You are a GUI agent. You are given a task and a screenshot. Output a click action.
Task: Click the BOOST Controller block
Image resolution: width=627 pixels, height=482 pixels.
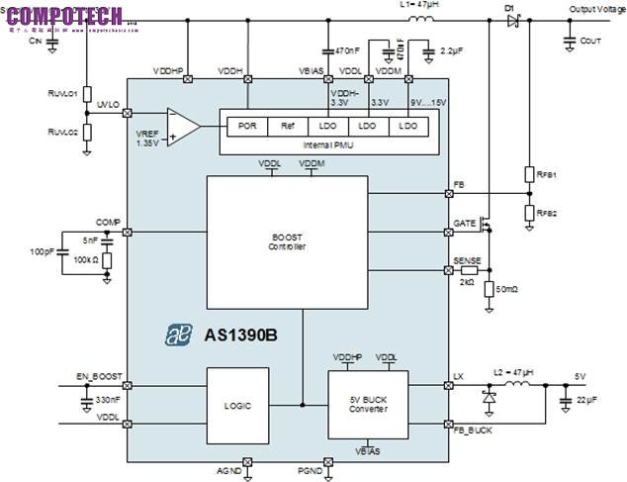287,241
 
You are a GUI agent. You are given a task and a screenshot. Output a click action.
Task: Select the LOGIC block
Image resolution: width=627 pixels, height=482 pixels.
238,405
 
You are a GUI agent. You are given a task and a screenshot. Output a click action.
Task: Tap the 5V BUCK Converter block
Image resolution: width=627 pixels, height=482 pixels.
367,404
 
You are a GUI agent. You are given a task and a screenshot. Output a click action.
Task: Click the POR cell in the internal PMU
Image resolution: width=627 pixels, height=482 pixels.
248,126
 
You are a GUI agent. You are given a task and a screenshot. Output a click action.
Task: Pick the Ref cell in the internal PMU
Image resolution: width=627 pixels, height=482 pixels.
288,126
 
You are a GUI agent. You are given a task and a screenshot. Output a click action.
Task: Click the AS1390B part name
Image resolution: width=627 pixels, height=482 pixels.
240,335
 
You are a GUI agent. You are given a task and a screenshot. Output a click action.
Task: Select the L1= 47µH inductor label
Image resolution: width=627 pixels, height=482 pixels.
419,5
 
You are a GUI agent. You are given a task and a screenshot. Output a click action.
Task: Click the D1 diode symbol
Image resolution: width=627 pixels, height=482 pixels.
512,21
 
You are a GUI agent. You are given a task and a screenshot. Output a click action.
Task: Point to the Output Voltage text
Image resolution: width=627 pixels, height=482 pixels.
596,8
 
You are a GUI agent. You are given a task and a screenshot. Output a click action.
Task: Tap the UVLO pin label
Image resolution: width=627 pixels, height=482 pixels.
108,103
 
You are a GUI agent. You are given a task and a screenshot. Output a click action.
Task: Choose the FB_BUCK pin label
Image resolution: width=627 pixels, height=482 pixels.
473,431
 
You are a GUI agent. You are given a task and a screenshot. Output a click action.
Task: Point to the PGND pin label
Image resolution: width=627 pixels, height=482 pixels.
309,470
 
